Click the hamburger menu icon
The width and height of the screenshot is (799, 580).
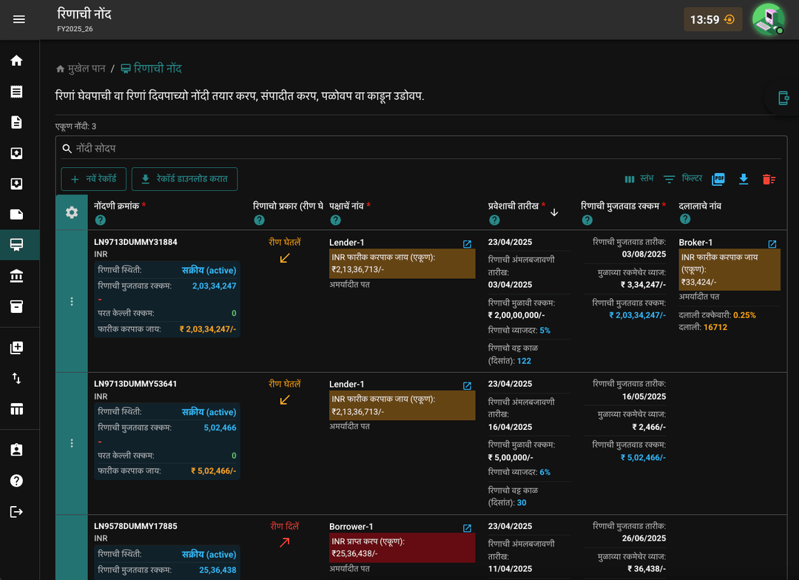pyautogui.click(x=18, y=19)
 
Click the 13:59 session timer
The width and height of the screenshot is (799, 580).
pyautogui.click(x=712, y=19)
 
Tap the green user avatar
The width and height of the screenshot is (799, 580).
pyautogui.click(x=769, y=19)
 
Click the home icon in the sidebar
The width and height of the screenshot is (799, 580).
pyautogui.click(x=16, y=61)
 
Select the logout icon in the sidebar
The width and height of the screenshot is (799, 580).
pyautogui.click(x=16, y=512)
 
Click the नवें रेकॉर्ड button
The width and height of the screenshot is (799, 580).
pyautogui.click(x=94, y=179)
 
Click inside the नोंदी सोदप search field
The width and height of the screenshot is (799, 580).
pyautogui.click(x=423, y=148)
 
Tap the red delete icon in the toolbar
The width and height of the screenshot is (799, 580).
pyautogui.click(x=769, y=179)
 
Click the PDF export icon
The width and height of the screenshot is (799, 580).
pyautogui.click(x=718, y=178)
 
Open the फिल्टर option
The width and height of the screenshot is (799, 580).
pyautogui.click(x=683, y=178)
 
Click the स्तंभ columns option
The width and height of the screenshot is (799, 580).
pyautogui.click(x=639, y=178)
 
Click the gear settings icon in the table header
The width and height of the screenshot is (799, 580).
pyautogui.click(x=72, y=212)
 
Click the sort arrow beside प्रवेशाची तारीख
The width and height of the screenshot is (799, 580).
pyautogui.click(x=554, y=212)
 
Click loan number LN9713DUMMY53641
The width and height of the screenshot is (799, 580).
pyautogui.click(x=135, y=384)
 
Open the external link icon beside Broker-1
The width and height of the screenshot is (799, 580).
pyautogui.click(x=772, y=244)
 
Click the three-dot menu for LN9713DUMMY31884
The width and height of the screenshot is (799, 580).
pyautogui.click(x=72, y=302)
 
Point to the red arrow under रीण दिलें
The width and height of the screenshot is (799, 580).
pyautogui.click(x=285, y=542)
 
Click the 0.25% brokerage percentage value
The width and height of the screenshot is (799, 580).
pyautogui.click(x=744, y=315)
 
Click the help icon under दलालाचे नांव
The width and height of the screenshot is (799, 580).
pyautogui.click(x=685, y=219)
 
